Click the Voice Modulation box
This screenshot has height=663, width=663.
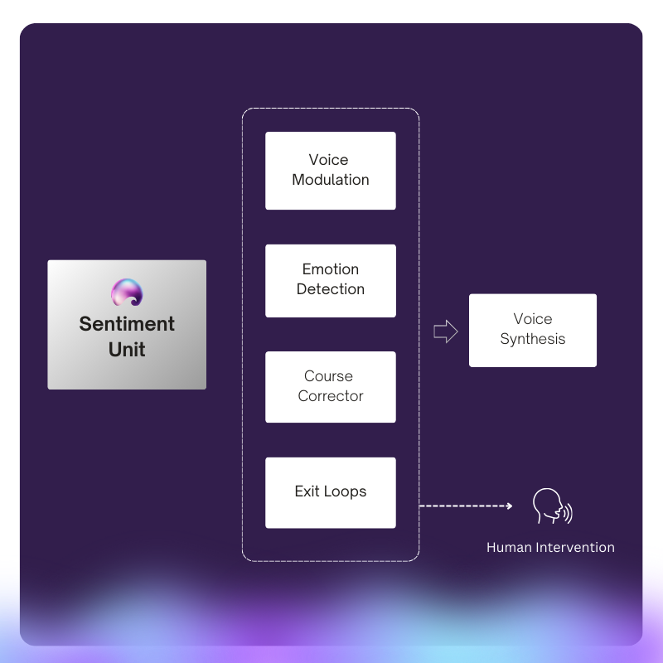click(x=330, y=171)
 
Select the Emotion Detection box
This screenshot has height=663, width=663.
click(x=330, y=281)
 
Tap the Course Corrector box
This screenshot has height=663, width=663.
click(x=330, y=387)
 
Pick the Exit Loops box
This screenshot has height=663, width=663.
click(x=330, y=492)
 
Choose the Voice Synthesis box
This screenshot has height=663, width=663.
click(x=533, y=330)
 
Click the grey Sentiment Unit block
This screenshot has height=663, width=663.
click(x=127, y=325)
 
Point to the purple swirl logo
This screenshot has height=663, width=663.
click(x=127, y=293)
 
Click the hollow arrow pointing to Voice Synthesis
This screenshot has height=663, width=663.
click(x=446, y=331)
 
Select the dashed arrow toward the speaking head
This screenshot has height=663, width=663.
click(x=466, y=506)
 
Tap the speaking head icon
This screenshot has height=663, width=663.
click(x=552, y=506)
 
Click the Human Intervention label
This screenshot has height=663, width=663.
click(x=550, y=547)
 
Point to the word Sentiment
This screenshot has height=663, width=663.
click(x=127, y=324)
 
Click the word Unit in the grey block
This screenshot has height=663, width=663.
click(x=127, y=349)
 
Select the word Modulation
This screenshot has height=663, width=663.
click(x=330, y=180)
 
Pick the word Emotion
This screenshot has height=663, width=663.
click(x=330, y=269)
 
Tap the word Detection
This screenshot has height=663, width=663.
click(x=330, y=289)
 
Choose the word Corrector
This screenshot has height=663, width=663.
click(x=330, y=396)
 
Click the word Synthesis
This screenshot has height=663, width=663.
click(x=533, y=339)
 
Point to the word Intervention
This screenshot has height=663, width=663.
click(x=575, y=547)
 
